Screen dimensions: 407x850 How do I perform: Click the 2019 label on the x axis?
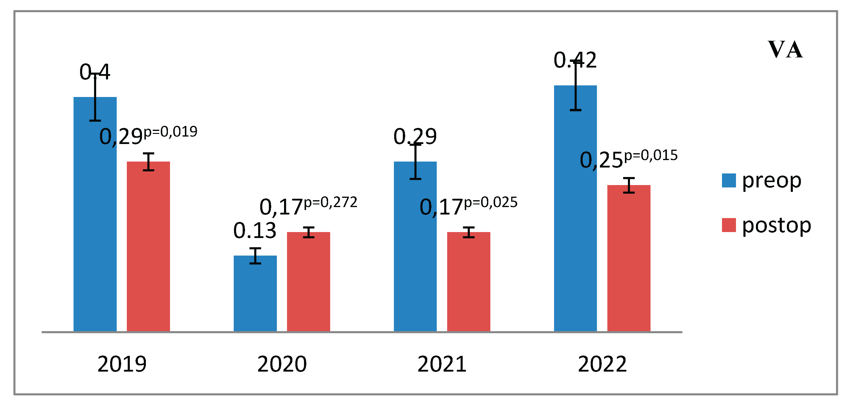click(122, 364)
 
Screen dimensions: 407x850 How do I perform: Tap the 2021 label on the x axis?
click(442, 364)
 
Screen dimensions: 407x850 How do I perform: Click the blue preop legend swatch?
click(729, 180)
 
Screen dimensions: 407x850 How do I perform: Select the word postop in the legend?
click(776, 225)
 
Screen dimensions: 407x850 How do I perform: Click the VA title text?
click(785, 49)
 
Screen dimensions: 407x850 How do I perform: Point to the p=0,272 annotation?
click(331, 202)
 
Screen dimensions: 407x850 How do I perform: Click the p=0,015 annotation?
click(651, 155)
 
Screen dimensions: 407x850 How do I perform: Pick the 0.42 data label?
click(575, 60)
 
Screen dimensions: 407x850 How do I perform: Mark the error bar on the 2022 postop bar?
click(628, 185)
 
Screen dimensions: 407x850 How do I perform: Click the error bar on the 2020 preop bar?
click(255, 256)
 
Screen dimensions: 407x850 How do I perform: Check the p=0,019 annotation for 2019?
click(170, 132)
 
